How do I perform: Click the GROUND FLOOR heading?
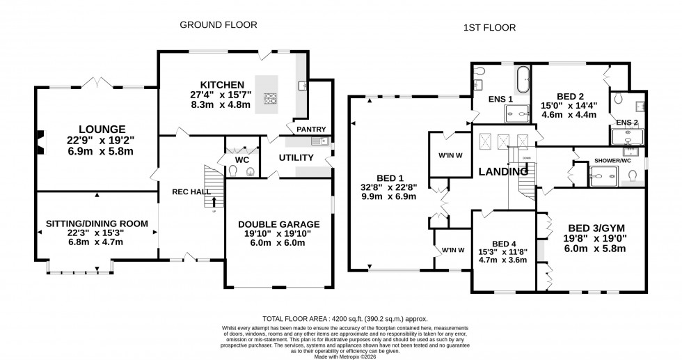(x=219, y=25)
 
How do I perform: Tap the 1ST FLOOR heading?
(x=489, y=28)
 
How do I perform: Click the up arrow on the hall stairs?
(x=214, y=202)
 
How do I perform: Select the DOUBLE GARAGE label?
(x=278, y=224)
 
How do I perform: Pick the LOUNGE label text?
(x=102, y=129)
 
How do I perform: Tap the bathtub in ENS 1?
(x=521, y=77)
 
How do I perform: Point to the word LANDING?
(x=502, y=171)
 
